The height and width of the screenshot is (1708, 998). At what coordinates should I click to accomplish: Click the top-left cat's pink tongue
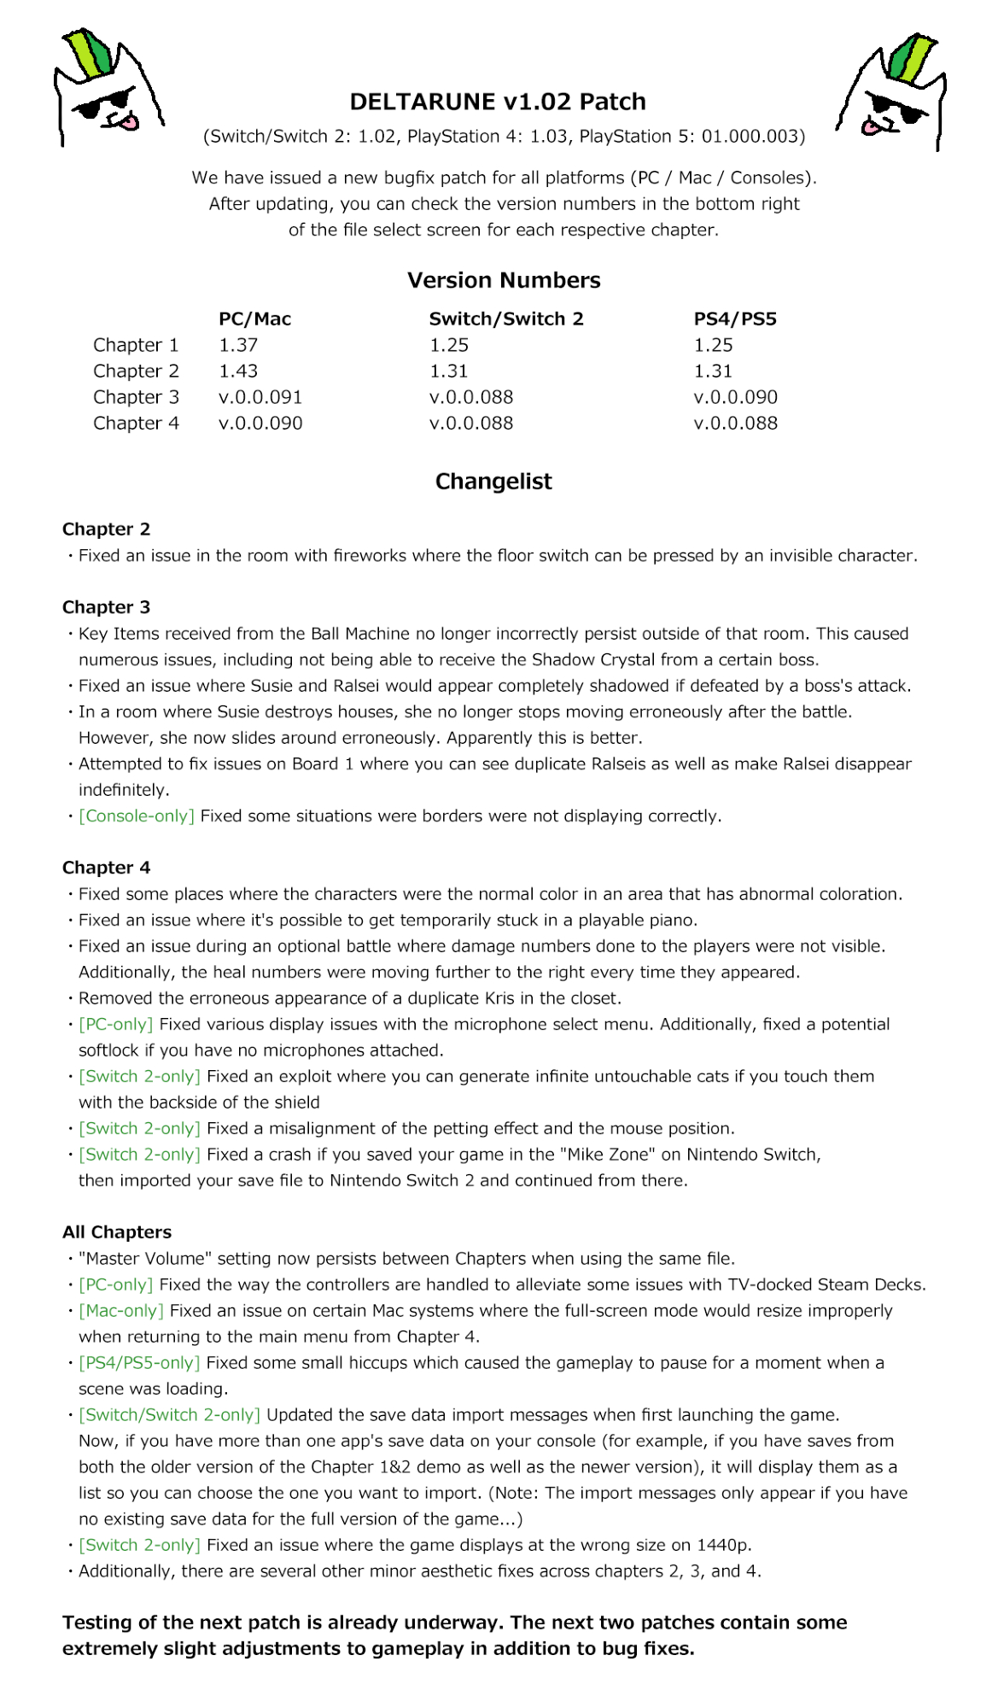128,121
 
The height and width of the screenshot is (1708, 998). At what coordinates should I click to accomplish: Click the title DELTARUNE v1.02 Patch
498,102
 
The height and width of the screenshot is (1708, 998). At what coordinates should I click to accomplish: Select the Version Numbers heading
504,280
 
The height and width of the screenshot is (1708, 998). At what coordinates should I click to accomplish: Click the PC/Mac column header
254,319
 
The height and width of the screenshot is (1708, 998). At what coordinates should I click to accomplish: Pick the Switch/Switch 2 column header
506,319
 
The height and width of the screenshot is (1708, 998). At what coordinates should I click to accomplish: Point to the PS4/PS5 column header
735,319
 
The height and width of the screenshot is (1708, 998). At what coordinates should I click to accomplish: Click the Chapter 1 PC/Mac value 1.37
238,345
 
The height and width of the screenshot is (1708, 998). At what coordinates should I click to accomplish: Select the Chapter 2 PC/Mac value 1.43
238,371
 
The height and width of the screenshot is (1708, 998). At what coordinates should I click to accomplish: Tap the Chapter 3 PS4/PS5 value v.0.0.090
735,397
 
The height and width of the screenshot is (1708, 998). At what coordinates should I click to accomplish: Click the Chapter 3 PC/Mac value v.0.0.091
260,397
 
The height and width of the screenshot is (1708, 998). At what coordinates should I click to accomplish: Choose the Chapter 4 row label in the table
136,424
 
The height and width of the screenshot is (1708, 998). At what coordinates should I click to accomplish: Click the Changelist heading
493,482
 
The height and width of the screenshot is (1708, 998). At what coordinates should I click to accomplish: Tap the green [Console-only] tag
137,816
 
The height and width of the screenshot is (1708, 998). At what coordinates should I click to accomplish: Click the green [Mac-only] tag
121,1311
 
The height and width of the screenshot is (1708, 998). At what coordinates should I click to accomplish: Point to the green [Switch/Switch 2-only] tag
169,1415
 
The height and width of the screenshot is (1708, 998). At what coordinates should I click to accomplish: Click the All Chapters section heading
117,1232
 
